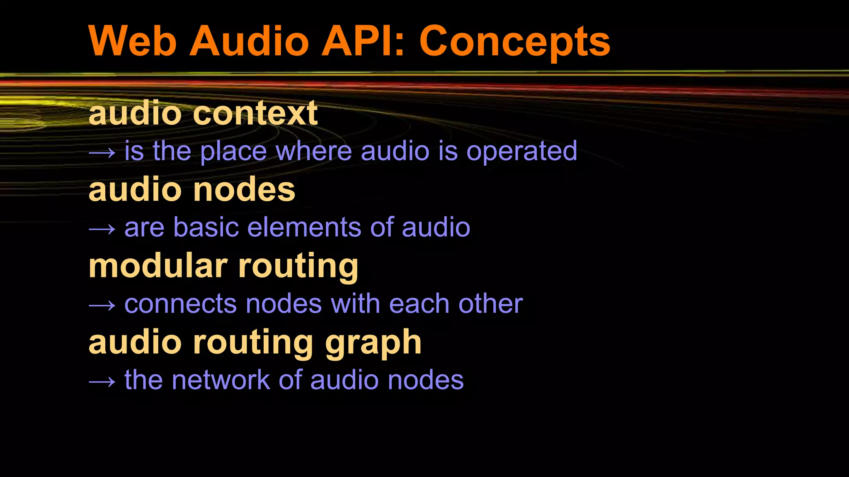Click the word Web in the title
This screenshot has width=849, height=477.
click(x=133, y=41)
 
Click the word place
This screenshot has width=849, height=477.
click(x=233, y=152)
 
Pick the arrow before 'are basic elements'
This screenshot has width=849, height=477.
click(x=102, y=229)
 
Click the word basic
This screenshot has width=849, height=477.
click(x=206, y=227)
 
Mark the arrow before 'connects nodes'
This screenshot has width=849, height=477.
click(x=102, y=306)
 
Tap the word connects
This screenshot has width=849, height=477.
click(x=180, y=304)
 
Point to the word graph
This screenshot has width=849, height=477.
click(x=373, y=344)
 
